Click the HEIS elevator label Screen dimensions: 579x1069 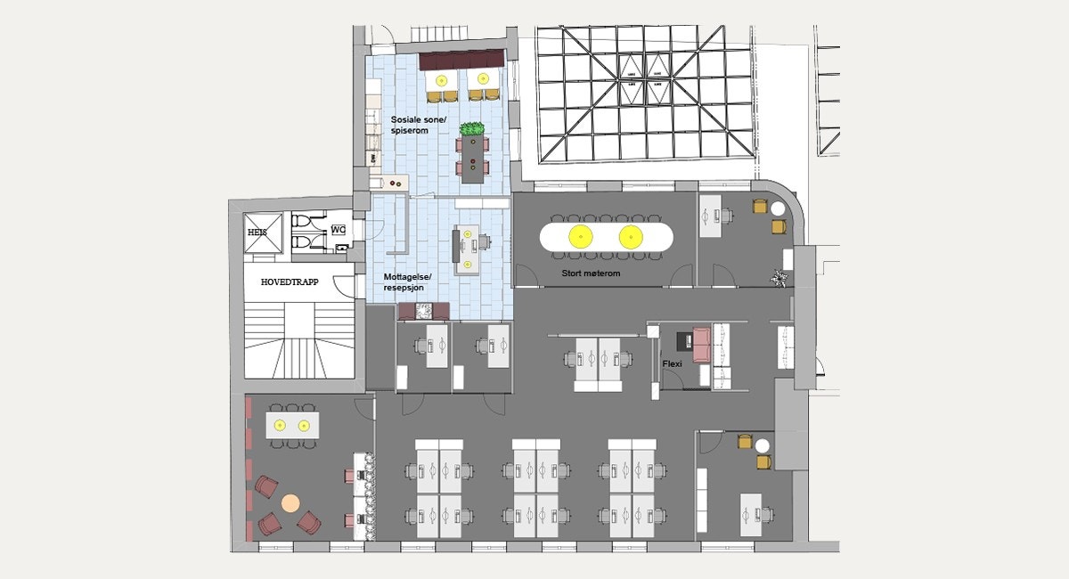tap(257, 232)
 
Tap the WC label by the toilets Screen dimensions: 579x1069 tap(338, 230)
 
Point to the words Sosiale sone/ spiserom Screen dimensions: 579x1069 tap(410, 125)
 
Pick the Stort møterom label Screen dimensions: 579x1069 tap(590, 273)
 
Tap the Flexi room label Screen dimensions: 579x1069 tap(672, 363)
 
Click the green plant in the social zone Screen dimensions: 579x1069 tap(472, 130)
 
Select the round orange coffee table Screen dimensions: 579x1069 tap(290, 502)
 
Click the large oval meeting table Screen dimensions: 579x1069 tap(606, 237)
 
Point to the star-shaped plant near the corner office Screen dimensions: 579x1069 tap(780, 278)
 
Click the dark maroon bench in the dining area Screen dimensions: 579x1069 tap(461, 62)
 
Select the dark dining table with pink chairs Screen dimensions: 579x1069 tap(472, 159)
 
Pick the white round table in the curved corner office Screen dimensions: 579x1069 tap(776, 211)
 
